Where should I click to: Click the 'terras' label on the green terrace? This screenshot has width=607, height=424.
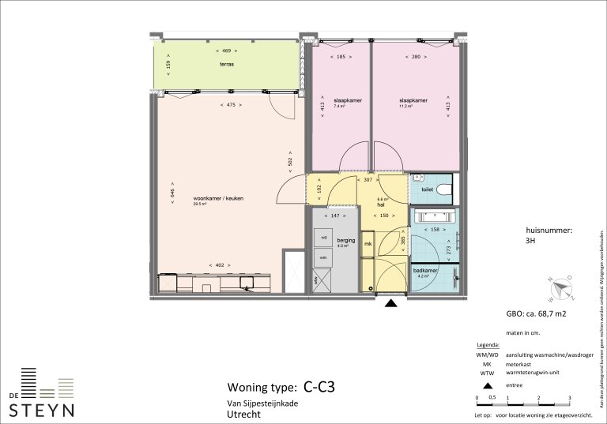227,63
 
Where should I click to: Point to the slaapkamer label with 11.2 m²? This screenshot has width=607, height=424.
413,101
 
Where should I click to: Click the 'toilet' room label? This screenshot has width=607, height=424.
427,190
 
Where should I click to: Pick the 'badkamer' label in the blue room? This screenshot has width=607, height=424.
424,271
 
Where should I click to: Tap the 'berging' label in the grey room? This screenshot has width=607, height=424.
346,239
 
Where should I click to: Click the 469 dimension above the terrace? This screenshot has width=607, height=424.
227,50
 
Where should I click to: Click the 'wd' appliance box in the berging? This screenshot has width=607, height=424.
323,237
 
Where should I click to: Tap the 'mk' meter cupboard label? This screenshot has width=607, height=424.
368,245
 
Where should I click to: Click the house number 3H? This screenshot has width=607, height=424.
530,243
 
